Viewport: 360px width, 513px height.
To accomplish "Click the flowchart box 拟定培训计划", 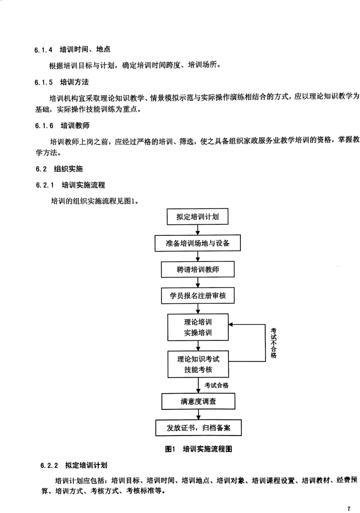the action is pos(197,216).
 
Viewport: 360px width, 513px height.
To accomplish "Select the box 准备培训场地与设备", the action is pos(198,243).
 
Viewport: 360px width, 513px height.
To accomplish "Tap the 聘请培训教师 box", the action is pos(198,270).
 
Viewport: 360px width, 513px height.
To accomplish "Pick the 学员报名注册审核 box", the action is pos(198,296).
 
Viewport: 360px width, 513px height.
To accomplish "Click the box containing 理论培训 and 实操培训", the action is pos(198,327).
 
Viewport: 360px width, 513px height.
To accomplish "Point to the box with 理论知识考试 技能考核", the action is pos(198,364).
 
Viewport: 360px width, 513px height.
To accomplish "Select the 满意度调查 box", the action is pos(198,401).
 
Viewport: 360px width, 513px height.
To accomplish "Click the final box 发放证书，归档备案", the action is pos(198,428).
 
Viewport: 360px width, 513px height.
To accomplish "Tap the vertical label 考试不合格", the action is pos(274,343).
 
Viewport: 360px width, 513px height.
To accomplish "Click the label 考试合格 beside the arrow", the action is pos(216,385).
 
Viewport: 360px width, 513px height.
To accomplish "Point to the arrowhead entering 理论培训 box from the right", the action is pos(231,325).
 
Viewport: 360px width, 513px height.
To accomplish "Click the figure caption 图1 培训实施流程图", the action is pos(199,449).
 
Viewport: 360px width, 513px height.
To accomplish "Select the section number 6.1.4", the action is pos(43,50).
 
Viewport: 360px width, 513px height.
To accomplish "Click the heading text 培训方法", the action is pos(74,82).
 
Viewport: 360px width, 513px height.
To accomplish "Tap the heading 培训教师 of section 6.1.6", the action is pos(75,126).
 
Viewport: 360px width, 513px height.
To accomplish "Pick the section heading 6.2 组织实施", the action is pos(59,169).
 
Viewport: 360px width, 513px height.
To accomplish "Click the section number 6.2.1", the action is pos(45,185).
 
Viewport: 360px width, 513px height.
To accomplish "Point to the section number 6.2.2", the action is pos(49,465).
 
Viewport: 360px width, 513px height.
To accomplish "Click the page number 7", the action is pos(349,509).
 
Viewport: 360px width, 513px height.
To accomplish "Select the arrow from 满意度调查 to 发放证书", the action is pos(198,415).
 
